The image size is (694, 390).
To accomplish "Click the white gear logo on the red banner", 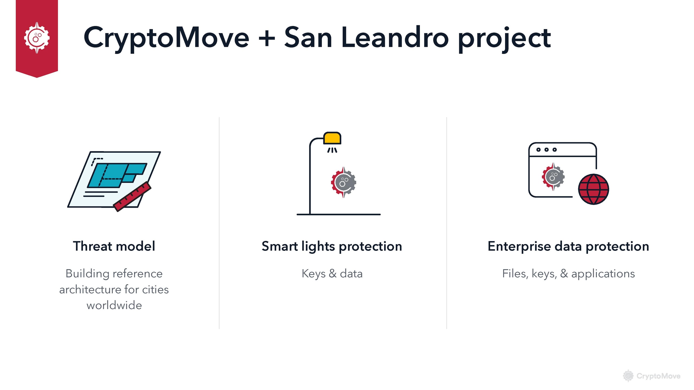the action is pos(37,38).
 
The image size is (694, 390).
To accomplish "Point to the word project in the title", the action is pos(505,39).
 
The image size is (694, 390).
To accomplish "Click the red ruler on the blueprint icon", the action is pos(132,196).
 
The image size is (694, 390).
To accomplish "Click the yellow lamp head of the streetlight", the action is pos(332,138).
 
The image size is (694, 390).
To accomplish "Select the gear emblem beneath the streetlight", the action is pos(343,182).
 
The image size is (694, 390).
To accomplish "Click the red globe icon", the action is pos(593,189).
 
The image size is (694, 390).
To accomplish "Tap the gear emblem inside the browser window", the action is pos(553,177).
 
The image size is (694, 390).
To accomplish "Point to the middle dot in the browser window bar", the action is pos(547,149).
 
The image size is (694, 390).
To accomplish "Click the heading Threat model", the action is pos(114,246).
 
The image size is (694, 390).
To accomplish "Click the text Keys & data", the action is pos(332,274).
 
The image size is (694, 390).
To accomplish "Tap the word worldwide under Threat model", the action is pos(114,305).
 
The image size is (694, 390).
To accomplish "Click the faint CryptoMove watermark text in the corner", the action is pos(658,376).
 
